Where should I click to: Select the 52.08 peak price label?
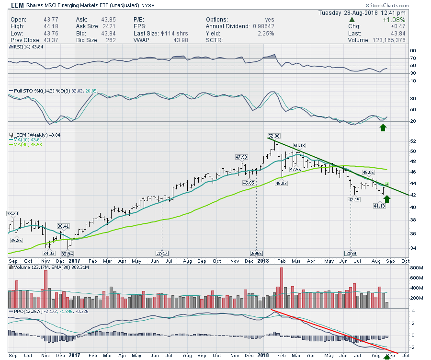pyautogui.click(x=273, y=136)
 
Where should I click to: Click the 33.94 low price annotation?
pyautogui.click(x=68, y=253)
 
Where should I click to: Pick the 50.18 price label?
pyautogui.click(x=299, y=145)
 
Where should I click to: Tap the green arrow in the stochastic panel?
pyautogui.click(x=383, y=128)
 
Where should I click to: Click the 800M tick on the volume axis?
pyautogui.click(x=415, y=268)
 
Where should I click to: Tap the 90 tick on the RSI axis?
pyautogui.click(x=412, y=50)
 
